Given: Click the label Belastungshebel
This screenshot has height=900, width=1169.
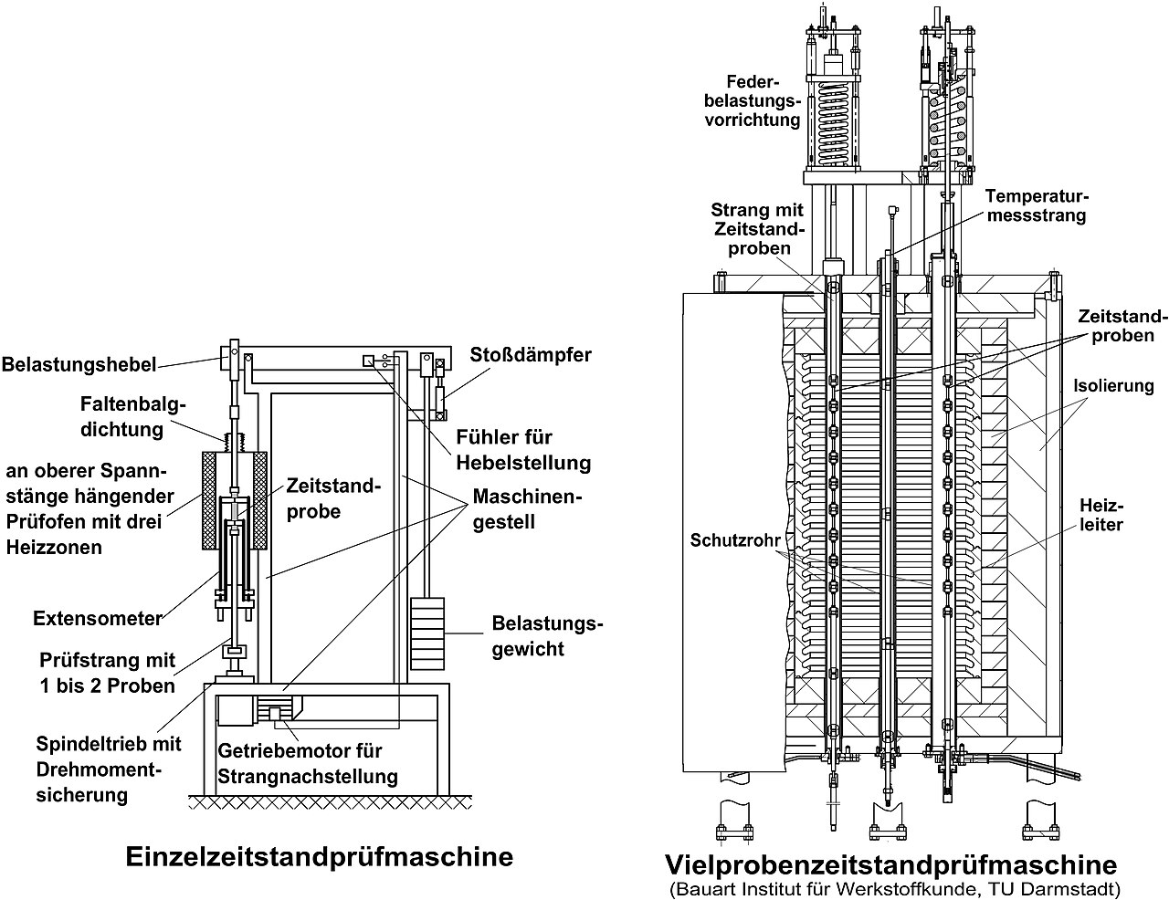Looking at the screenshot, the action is point(79,364).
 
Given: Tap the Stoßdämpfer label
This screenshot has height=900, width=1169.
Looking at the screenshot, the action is point(531,355).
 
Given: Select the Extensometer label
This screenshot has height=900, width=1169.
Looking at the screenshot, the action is point(98,618).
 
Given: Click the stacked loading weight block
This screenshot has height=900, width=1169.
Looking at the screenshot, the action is point(427,633).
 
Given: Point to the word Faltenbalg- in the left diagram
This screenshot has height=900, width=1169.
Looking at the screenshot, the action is point(132,404).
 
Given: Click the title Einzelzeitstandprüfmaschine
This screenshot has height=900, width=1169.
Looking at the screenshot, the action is point(319,856).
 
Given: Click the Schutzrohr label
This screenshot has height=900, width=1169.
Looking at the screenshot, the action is point(735,540).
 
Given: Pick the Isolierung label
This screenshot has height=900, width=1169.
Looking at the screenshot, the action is point(1113,385).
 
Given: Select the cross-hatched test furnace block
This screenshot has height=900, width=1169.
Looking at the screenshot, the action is point(235,500).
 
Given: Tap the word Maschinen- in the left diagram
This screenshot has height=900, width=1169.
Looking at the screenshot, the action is point(528,497).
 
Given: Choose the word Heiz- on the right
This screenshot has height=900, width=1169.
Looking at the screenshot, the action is point(1101,506).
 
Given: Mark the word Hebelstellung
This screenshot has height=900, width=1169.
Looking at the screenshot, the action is point(523,463).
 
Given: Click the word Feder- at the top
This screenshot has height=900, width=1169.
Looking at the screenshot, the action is point(753,82).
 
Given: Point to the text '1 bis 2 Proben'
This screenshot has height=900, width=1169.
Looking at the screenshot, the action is point(108,686).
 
